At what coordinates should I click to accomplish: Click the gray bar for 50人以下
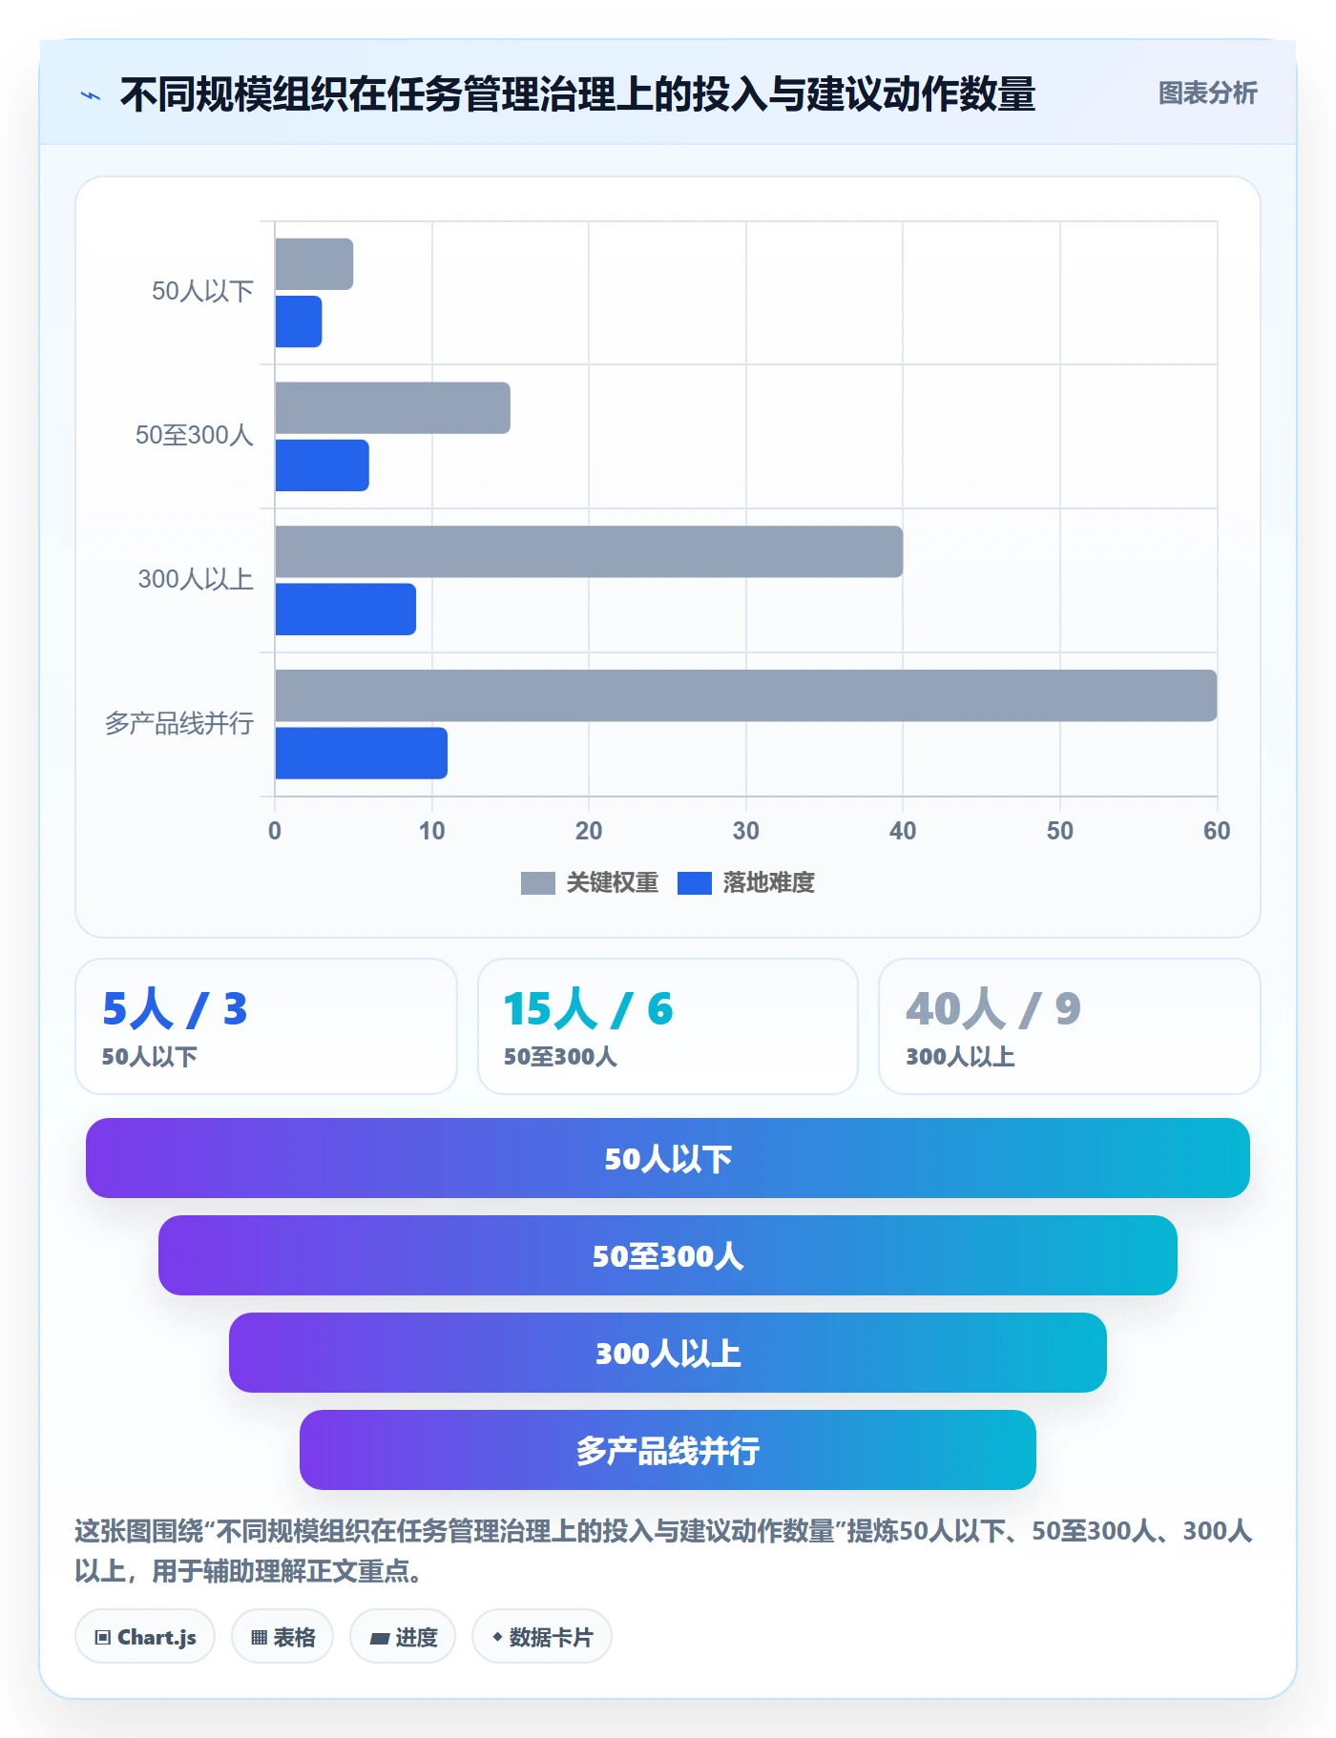tap(314, 264)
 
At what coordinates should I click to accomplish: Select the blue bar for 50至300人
tap(323, 466)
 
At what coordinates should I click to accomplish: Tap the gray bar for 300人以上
tap(589, 551)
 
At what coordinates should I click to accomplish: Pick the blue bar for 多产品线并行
tap(362, 754)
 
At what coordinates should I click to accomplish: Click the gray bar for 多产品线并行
tap(746, 695)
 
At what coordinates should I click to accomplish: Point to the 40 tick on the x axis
tap(903, 831)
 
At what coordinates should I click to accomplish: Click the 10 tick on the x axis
tap(431, 831)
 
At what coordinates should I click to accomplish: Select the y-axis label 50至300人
tap(195, 436)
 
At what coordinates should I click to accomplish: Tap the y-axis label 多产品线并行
tap(179, 724)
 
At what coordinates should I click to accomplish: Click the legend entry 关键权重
tap(590, 882)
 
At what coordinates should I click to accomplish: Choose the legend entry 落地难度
tap(746, 882)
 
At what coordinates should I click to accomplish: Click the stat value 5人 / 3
tap(175, 1008)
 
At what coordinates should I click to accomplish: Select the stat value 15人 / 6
tap(588, 1008)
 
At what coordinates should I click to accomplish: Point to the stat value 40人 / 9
tap(993, 1008)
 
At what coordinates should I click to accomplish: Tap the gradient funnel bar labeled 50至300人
tap(668, 1255)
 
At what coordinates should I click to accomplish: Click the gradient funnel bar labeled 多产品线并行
tap(668, 1450)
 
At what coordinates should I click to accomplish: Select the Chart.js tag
tap(145, 1637)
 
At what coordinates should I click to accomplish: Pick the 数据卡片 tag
tap(542, 1637)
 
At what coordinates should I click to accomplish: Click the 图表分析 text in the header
tap(1207, 93)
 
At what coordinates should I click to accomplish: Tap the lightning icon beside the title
tap(91, 95)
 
